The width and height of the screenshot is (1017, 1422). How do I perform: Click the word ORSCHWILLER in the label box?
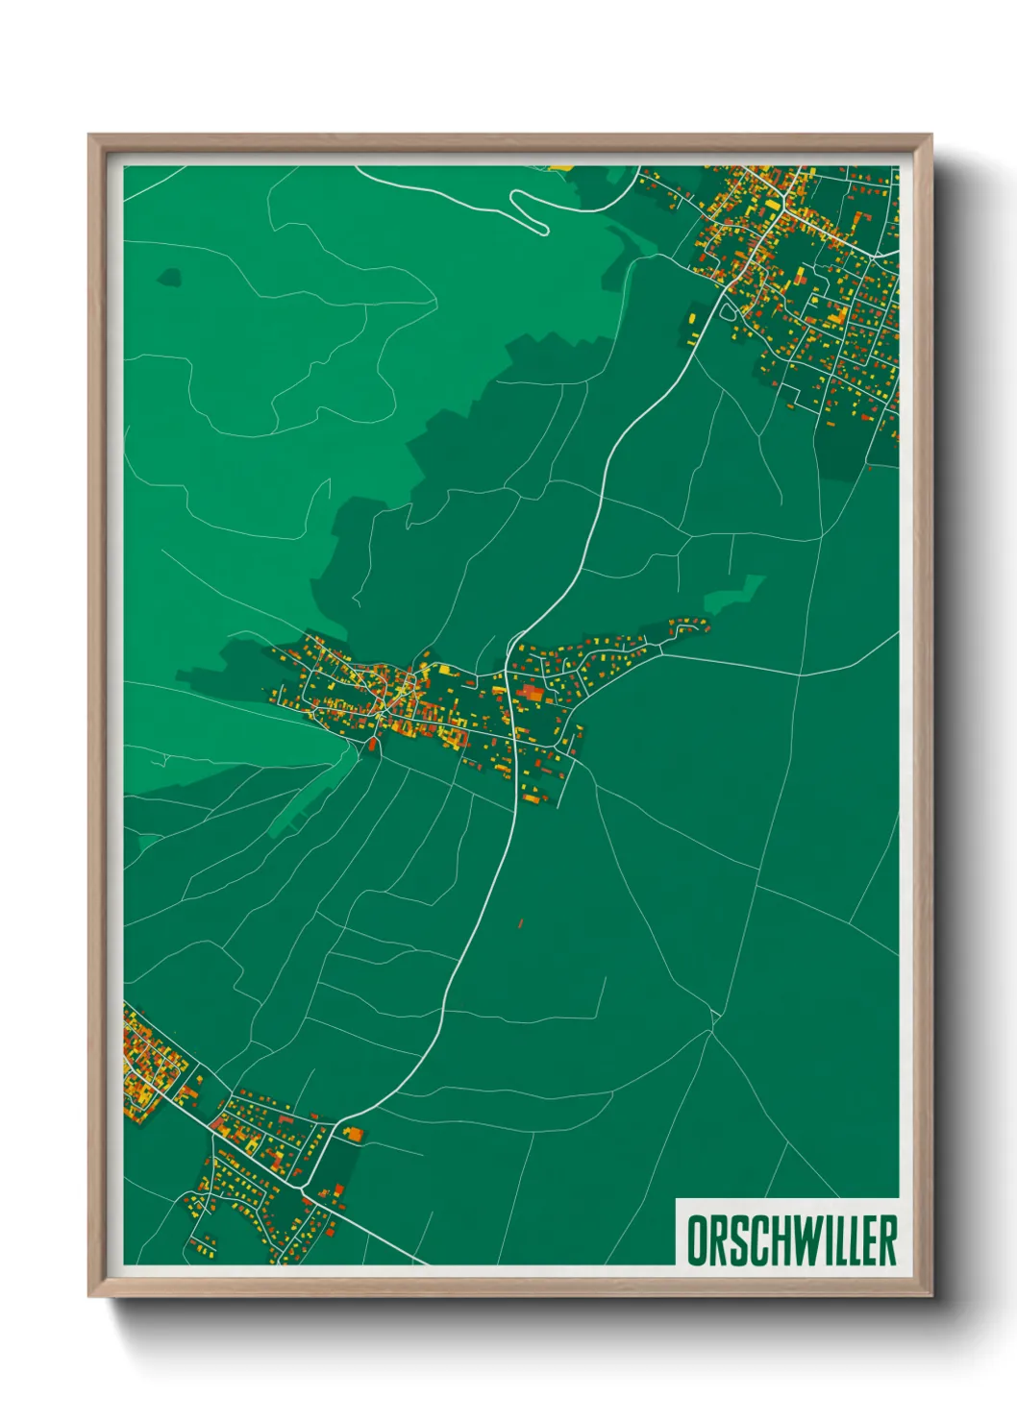click(791, 1239)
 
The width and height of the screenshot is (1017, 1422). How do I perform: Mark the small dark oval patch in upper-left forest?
click(169, 278)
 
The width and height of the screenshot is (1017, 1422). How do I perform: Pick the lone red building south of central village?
click(520, 923)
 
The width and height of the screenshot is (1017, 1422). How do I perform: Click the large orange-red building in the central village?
click(531, 691)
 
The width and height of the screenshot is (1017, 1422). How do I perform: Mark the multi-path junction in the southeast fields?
click(712, 1029)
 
